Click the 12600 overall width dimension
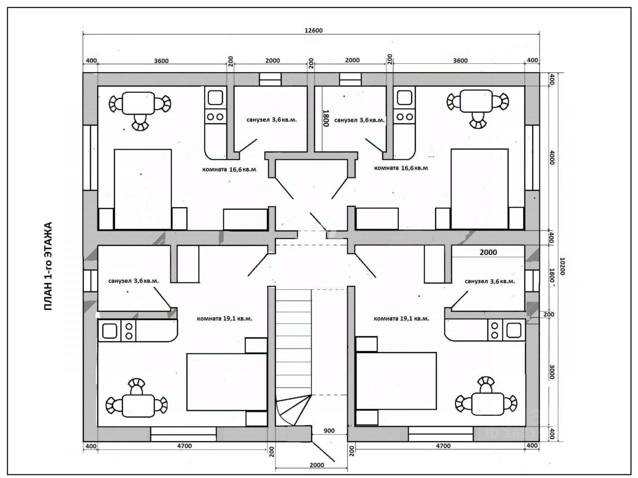pyautogui.click(x=314, y=30)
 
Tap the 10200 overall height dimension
pyautogui.click(x=562, y=266)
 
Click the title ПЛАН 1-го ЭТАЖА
pyautogui.click(x=48, y=266)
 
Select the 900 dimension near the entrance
pyautogui.click(x=329, y=431)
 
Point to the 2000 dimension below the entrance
pyautogui.click(x=317, y=465)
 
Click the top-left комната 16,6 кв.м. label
pyautogui.click(x=229, y=169)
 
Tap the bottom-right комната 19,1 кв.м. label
pyautogui.click(x=401, y=318)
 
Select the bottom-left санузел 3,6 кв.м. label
pyautogui.click(x=134, y=281)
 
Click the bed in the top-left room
pyautogui.click(x=143, y=189)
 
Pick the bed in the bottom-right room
pyautogui.click(x=396, y=381)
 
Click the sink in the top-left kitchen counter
pyautogui.click(x=215, y=98)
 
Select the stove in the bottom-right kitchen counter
pyautogui.click(x=494, y=330)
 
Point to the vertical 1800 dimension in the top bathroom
pyautogui.click(x=325, y=118)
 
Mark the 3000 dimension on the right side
pyautogui.click(x=551, y=371)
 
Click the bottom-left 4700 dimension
pyautogui.click(x=184, y=446)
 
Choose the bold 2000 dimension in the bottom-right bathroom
pyautogui.click(x=488, y=252)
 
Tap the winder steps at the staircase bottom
pyautogui.click(x=294, y=410)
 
